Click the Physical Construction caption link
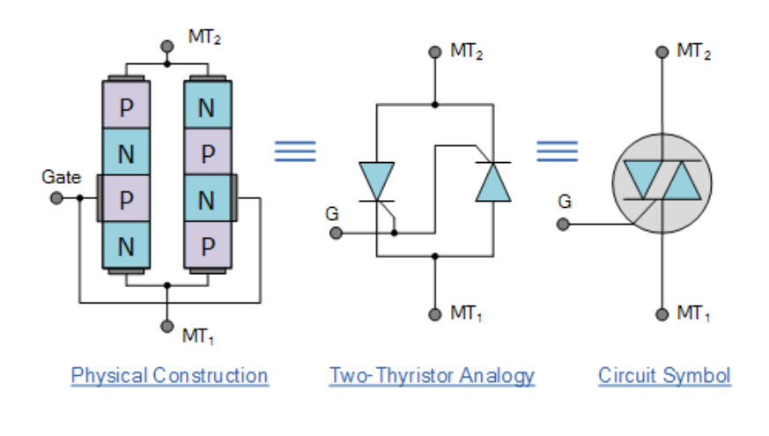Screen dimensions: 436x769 pos(169,375)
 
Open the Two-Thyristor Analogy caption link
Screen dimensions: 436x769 pos(432,375)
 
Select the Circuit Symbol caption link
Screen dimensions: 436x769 pos(664,375)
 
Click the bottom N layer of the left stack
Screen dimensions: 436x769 pos(126,247)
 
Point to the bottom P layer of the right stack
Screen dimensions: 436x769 pos(207,247)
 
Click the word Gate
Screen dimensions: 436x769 pos(61,177)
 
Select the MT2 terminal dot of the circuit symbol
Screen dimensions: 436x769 pos(662,52)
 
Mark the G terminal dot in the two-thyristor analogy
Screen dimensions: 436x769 pos(336,233)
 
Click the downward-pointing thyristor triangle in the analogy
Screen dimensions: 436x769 pos(376,181)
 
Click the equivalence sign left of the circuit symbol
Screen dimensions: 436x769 pos(558,151)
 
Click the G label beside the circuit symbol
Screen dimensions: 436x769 pos(565,201)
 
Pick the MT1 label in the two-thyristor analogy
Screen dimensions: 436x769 pos(467,314)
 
